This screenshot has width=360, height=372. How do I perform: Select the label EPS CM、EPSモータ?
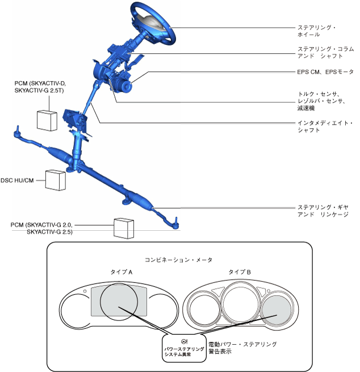coord(326,73)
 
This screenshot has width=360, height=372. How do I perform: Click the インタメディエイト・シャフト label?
coord(325,126)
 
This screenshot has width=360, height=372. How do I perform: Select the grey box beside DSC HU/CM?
coord(56,179)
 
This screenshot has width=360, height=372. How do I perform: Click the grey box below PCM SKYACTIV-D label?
coord(48,120)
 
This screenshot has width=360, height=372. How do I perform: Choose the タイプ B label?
coord(240,272)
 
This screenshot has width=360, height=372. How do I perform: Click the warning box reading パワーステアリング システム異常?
coord(183,347)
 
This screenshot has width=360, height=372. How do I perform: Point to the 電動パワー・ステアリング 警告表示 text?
coord(242,347)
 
